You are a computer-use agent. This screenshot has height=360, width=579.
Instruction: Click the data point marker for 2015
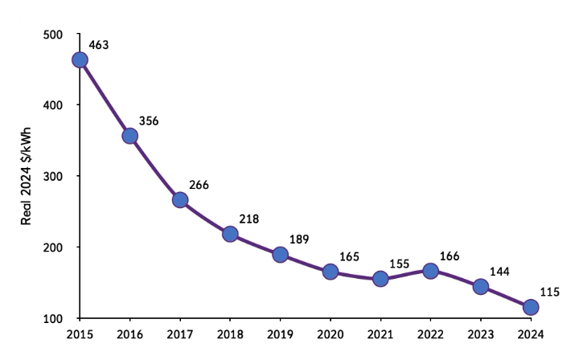[80, 59]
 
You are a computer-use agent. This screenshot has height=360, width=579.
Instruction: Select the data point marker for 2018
[230, 234]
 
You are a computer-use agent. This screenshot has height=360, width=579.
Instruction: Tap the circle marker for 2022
[430, 271]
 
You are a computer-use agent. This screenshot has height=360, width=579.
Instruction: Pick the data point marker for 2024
[531, 307]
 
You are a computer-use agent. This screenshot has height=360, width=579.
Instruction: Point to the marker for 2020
[331, 272]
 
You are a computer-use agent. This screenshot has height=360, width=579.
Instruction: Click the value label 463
[100, 45]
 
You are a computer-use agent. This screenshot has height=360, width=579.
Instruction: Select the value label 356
[150, 121]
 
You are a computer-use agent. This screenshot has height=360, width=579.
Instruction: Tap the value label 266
[199, 185]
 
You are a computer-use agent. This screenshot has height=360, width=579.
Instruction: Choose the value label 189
[300, 239]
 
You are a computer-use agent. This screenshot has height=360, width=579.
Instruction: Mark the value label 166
[450, 256]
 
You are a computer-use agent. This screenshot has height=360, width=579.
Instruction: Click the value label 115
[549, 292]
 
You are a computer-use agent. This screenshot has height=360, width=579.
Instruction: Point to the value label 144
[499, 271]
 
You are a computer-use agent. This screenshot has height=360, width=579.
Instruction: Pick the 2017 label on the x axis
[180, 333]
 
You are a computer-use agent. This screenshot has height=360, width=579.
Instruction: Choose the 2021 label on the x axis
[380, 333]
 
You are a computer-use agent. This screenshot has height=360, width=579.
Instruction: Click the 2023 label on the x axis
[481, 333]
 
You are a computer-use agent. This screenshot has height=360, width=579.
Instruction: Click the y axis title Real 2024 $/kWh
[27, 177]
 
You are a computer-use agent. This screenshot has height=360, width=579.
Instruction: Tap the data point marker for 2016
[129, 136]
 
